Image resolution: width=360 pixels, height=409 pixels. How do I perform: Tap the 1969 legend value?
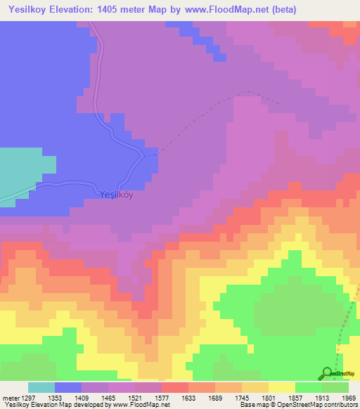349,397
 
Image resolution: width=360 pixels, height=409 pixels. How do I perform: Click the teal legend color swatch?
41,387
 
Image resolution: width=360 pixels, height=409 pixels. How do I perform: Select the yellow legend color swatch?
282,387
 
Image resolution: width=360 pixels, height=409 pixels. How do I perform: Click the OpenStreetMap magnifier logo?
327,372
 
